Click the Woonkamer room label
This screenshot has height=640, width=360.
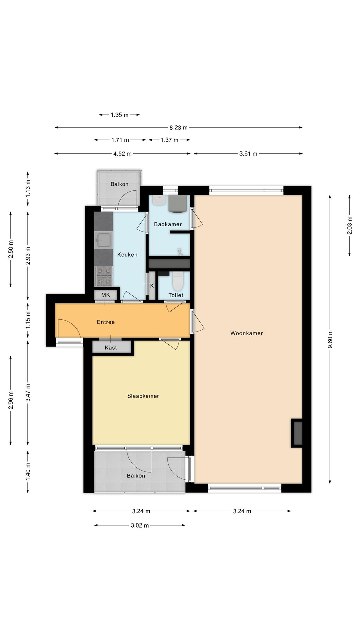[x=247, y=333]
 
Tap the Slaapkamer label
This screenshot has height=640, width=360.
[x=143, y=396]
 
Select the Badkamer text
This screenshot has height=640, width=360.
[x=168, y=224]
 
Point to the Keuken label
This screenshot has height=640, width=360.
[x=127, y=254]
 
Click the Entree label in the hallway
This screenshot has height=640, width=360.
[x=106, y=322]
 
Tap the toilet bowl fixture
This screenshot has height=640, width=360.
[x=177, y=281]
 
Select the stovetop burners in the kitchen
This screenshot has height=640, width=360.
[x=104, y=276]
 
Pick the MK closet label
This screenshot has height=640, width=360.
[x=106, y=295]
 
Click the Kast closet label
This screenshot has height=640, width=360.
[x=111, y=347]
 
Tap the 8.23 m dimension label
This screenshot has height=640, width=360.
[x=178, y=127]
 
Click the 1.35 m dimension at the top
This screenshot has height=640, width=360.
[x=119, y=115]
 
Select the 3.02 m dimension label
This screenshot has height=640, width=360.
[x=140, y=525]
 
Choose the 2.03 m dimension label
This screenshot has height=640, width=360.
[x=350, y=225]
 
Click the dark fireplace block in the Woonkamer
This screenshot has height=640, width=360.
[x=297, y=433]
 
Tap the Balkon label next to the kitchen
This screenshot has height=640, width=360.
[x=119, y=184]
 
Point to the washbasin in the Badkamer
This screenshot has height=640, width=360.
[x=160, y=200]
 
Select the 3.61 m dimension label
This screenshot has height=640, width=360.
[x=248, y=153]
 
